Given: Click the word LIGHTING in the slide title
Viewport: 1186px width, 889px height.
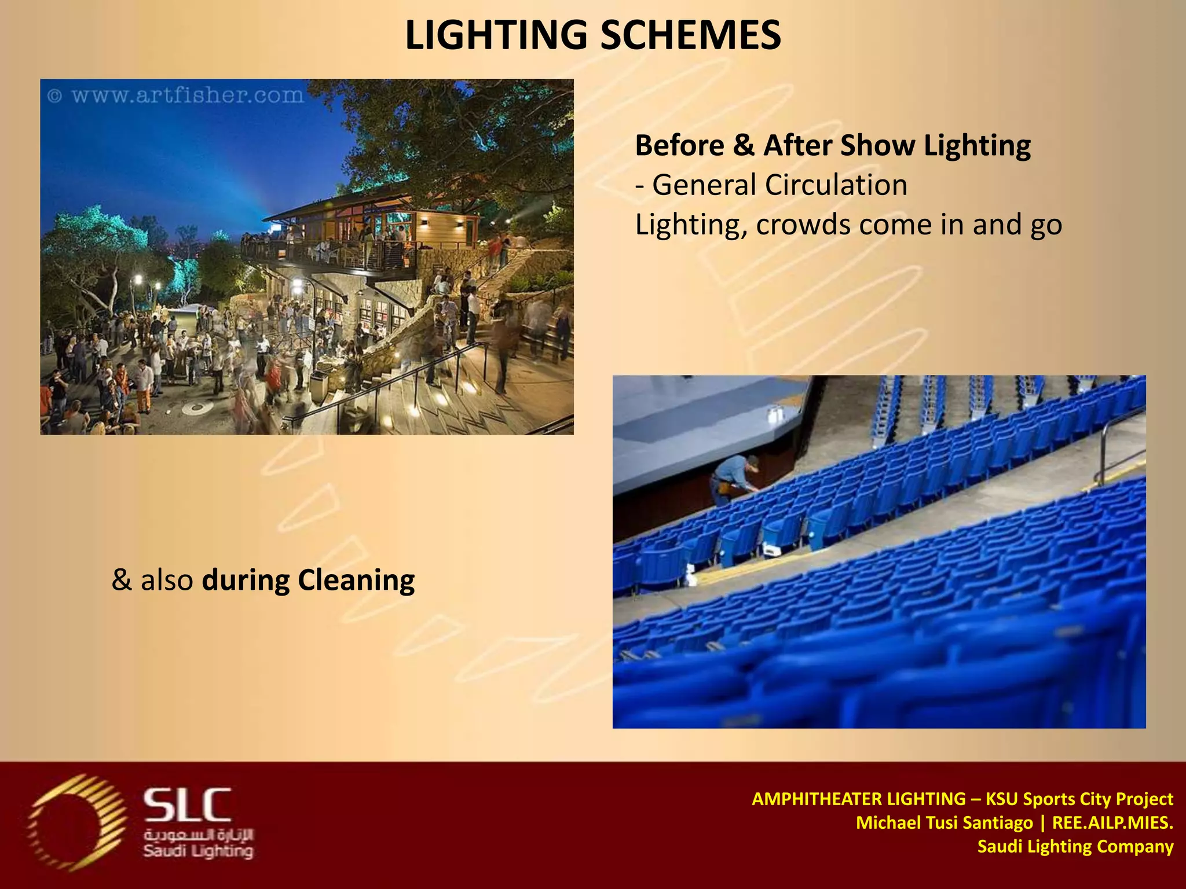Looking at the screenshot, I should tap(496, 35).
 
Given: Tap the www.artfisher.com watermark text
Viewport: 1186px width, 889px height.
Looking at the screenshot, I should tap(187, 95).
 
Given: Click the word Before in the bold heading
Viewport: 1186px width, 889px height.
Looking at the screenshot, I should tap(679, 145).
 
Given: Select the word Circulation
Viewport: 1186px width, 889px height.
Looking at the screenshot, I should tap(836, 185).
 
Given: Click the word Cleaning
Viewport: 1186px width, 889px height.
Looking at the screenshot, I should tap(356, 580).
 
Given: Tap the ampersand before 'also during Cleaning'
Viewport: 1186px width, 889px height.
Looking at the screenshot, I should tap(122, 580).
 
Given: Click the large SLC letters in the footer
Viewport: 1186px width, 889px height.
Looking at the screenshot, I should tap(187, 805).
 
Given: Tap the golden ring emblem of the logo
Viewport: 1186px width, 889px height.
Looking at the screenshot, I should tap(76, 822).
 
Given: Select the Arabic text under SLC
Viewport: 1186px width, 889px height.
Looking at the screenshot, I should tap(199, 835).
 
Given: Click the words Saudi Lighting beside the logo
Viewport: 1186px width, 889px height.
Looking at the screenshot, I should tap(198, 851).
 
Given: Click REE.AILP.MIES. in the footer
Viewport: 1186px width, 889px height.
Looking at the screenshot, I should tap(1112, 822).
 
